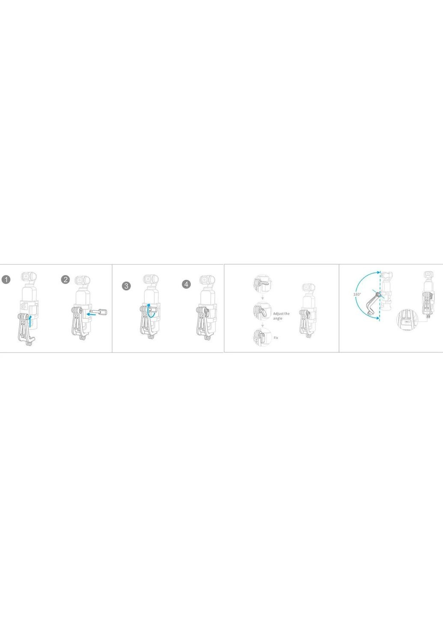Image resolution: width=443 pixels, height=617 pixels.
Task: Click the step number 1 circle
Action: pyautogui.click(x=6, y=280)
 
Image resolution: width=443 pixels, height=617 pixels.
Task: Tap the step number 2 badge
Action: pyautogui.click(x=65, y=280)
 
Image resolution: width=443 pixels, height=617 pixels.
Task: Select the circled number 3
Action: pyautogui.click(x=126, y=286)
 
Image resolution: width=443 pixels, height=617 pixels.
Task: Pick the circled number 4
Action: pyautogui.click(x=186, y=284)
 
